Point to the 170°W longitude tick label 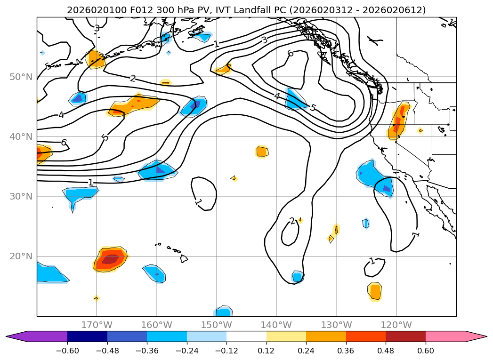[x=97, y=325]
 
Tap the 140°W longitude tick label [x=276, y=325]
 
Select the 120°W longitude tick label [x=396, y=325]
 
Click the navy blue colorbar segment [x=87, y=336]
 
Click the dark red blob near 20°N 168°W [x=110, y=259]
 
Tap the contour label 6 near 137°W [x=291, y=54]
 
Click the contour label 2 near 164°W [x=133, y=79]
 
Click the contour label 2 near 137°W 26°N [x=292, y=221]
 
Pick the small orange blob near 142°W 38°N [x=262, y=152]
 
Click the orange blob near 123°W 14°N [x=375, y=292]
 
